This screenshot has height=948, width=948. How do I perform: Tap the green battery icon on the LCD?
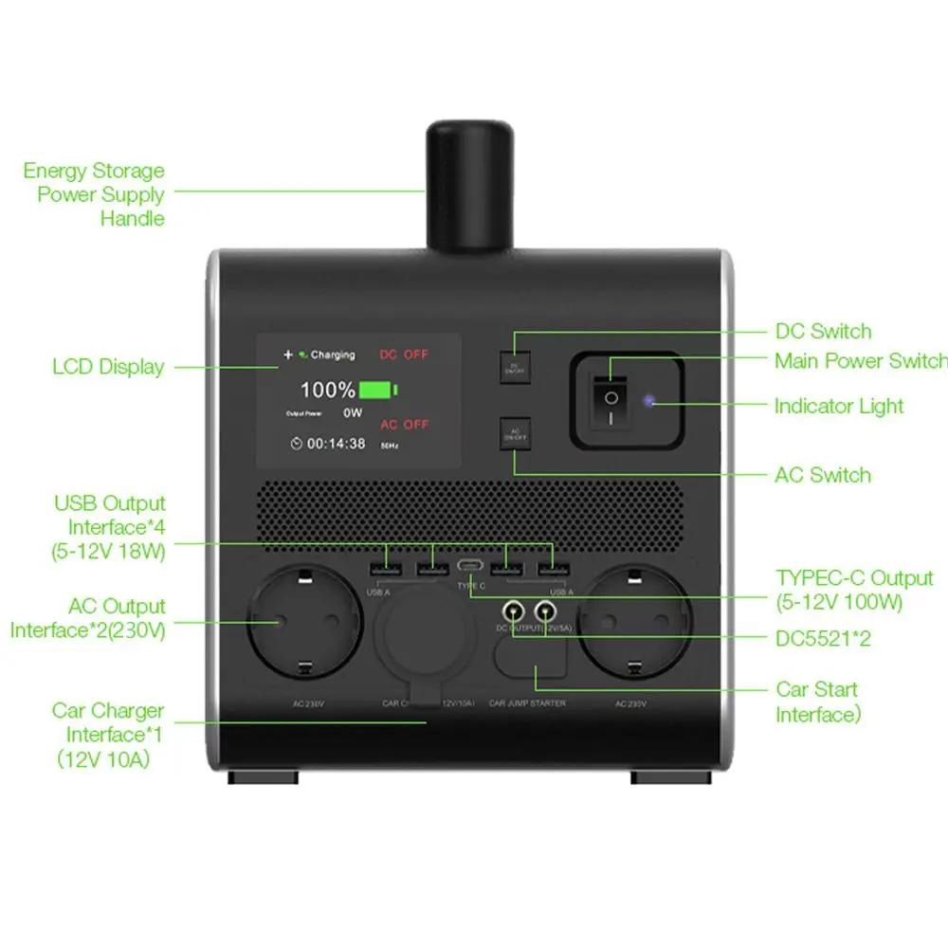tap(378, 390)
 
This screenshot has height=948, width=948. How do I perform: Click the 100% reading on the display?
tap(327, 390)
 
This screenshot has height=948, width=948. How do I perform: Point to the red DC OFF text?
tap(404, 355)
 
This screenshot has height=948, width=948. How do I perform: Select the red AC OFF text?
tap(404, 424)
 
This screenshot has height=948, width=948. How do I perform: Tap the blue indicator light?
tap(649, 401)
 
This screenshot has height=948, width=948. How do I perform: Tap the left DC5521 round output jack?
tap(515, 611)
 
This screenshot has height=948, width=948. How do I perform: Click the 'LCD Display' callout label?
tap(108, 367)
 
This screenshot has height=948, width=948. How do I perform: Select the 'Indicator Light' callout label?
tap(839, 407)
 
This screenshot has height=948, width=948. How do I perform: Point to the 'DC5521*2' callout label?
tap(823, 639)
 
